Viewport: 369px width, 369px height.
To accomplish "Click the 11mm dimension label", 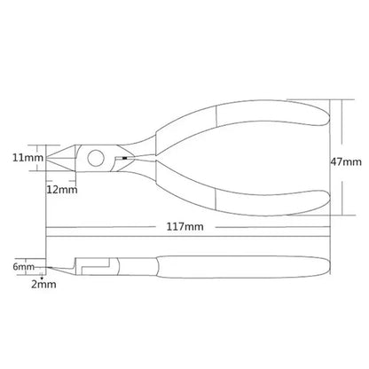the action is [x=27, y=158].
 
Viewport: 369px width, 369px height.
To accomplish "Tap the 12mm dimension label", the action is [x=62, y=190].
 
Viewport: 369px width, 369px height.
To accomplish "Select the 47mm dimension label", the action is [x=346, y=161].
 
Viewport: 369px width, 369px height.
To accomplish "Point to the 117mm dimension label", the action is [x=185, y=227].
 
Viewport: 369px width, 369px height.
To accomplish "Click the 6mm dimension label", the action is [x=23, y=267].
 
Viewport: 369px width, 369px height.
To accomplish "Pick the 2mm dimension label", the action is [x=43, y=285].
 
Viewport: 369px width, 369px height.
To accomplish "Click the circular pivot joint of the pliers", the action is [x=96, y=158].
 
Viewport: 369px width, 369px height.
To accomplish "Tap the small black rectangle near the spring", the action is [x=124, y=158].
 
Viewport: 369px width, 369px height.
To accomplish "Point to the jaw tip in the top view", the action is [x=48, y=158].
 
